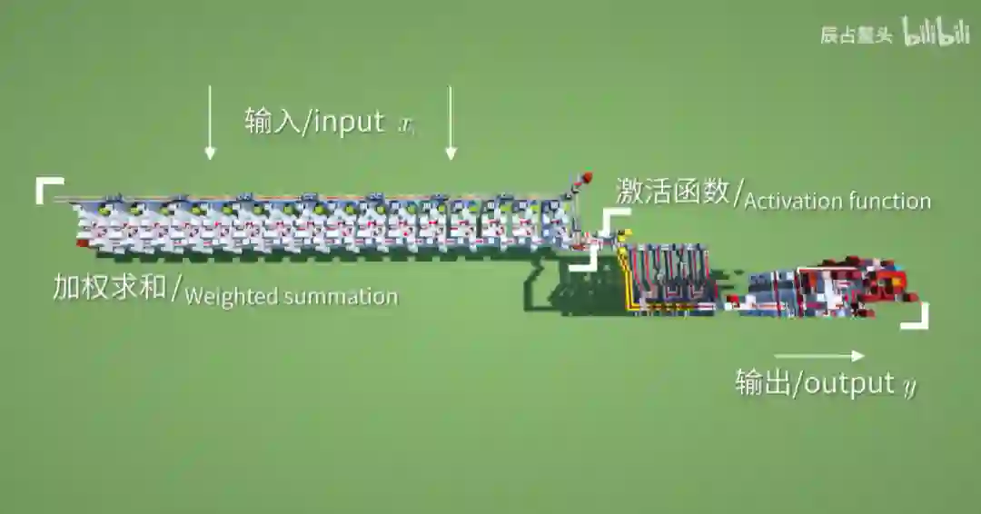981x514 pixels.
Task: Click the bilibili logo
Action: coord(935,33)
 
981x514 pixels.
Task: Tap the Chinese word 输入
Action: coord(273,122)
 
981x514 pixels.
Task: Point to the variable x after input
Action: coord(406,125)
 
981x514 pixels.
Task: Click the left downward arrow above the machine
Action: coord(210,123)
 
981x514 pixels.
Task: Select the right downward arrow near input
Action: coord(451,123)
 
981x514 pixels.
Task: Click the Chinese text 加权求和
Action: coord(109,288)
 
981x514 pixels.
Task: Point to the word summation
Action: coord(341,297)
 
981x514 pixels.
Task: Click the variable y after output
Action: coord(909,385)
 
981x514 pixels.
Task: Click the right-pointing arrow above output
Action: coord(819,356)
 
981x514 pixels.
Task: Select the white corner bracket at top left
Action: coord(48,188)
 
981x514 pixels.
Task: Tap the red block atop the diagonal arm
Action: coord(587,176)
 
